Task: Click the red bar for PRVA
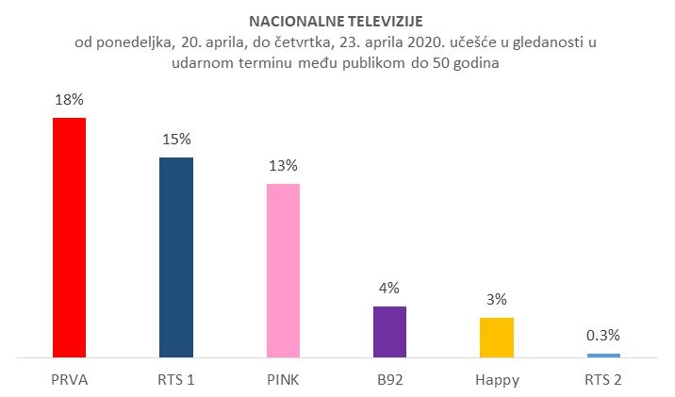(x=69, y=238)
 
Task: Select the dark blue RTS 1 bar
(x=175, y=257)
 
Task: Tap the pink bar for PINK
(x=283, y=271)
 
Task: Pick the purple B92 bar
(x=389, y=332)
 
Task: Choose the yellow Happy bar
(x=497, y=338)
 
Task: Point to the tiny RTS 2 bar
(x=603, y=356)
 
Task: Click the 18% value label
(x=69, y=99)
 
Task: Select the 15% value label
(x=175, y=139)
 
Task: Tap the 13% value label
(x=283, y=165)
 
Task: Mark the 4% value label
(x=389, y=288)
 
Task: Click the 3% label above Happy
(x=497, y=300)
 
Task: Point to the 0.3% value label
(x=603, y=336)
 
